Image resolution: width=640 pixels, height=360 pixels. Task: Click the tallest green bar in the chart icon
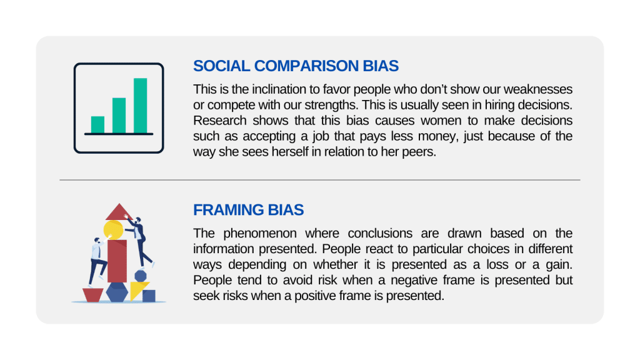pos(141,105)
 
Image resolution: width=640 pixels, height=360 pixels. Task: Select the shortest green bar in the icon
pos(97,124)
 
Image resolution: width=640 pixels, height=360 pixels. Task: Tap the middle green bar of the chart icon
pos(119,115)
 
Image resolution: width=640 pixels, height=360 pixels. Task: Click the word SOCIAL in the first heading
pos(221,66)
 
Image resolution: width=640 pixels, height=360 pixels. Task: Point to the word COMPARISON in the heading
pos(306,66)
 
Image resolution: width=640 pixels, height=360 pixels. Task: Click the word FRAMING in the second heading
pos(228,210)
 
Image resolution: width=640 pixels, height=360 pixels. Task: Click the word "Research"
pos(219,121)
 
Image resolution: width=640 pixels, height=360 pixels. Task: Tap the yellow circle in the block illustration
pos(113,230)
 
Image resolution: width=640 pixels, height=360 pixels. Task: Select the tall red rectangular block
pos(117,261)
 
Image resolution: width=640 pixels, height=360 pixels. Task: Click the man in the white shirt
pos(97,262)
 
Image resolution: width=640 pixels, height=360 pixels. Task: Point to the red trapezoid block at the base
pos(93,295)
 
